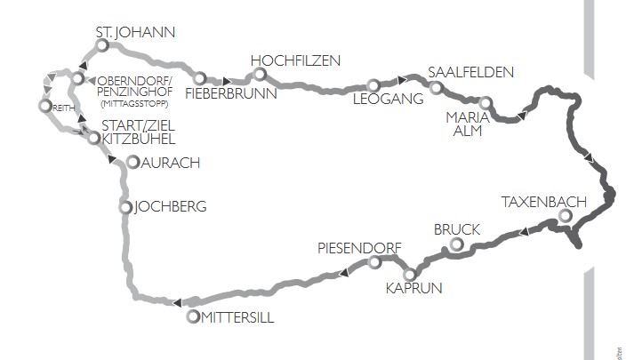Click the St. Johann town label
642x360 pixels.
pyautogui.click(x=135, y=33)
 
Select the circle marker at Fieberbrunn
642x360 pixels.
pyautogui.click(x=200, y=78)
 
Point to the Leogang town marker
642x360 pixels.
pyautogui.click(x=373, y=86)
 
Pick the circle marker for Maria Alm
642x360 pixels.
pyautogui.click(x=486, y=103)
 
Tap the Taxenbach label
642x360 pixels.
pyautogui.click(x=543, y=201)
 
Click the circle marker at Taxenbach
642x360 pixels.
pyautogui.click(x=566, y=216)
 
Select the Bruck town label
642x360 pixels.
pyautogui.click(x=457, y=229)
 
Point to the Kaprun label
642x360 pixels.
pyautogui.click(x=413, y=288)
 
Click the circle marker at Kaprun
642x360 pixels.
pyautogui.click(x=409, y=274)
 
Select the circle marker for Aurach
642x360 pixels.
pyautogui.click(x=132, y=163)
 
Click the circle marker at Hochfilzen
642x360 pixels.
pyautogui.click(x=259, y=76)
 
